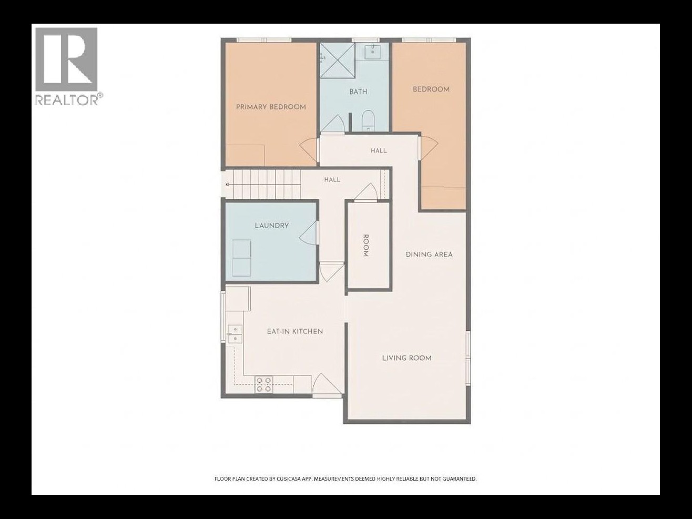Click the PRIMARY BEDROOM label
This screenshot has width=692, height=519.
[271, 107]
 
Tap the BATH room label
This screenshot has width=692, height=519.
[358, 91]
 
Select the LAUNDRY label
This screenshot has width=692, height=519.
[272, 226]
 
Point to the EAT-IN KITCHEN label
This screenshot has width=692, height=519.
[295, 331]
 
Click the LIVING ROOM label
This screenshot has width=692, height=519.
[406, 358]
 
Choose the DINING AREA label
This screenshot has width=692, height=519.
[429, 255]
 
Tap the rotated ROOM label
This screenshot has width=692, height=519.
[365, 246]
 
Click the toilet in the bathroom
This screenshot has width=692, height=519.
[367, 120]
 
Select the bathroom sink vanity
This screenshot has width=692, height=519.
[372, 51]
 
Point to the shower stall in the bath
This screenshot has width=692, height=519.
[338, 60]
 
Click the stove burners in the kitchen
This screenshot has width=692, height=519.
[263, 384]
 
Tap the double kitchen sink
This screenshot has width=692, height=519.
[235, 334]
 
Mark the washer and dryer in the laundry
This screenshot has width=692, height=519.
[242, 258]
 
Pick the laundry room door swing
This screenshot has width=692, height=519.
[308, 233]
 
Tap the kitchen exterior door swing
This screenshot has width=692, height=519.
[327, 383]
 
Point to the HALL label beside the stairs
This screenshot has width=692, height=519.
[332, 180]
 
